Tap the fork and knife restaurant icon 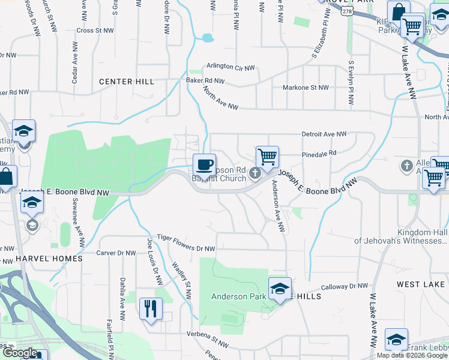pos(151,309)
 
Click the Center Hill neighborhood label pos(127,82)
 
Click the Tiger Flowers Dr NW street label pos(185,243)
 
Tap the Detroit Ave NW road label pos(324,134)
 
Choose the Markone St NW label pos(306,88)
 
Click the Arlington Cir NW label pos(231,67)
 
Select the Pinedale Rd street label pos(319,153)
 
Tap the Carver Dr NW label pos(116,253)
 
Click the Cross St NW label pos(95,30)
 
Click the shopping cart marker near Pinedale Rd pos(267,157)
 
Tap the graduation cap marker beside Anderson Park pos(280,288)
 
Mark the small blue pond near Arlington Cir pos(208,38)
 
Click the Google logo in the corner pos(20,353)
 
